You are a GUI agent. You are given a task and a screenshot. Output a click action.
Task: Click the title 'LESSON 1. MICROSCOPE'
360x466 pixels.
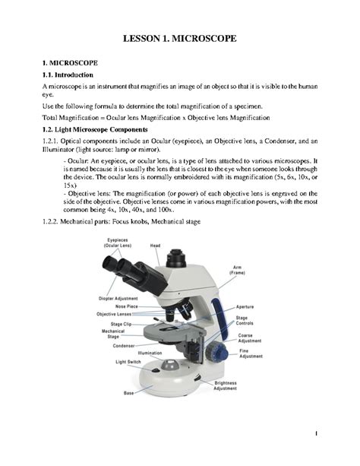pyautogui.click(x=180, y=37)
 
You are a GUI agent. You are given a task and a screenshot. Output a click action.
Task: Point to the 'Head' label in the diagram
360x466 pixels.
pyautogui.click(x=155, y=246)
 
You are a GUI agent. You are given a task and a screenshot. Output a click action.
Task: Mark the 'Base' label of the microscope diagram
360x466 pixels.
pyautogui.click(x=129, y=393)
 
